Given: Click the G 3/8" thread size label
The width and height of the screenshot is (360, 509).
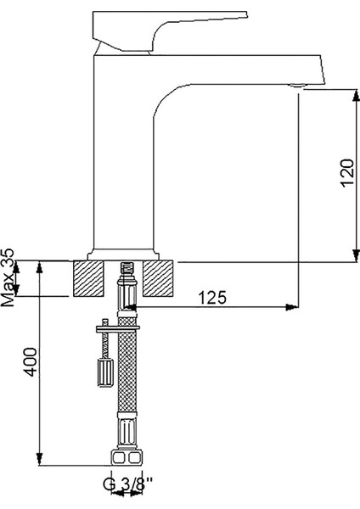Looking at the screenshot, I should point(127,486).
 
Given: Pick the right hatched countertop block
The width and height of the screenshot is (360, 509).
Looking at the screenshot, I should point(159,277).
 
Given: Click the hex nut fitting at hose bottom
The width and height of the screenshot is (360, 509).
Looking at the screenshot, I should point(125,459).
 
